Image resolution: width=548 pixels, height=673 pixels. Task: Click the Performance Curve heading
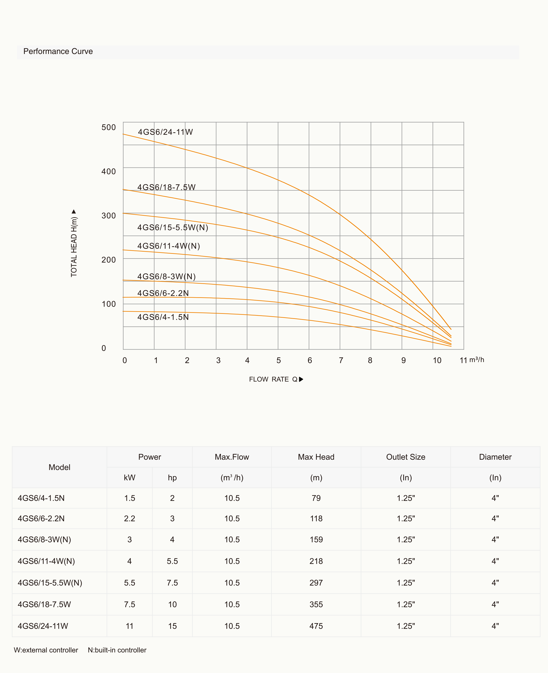coord(58,52)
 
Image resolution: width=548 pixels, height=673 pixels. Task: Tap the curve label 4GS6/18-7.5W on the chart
coord(166,187)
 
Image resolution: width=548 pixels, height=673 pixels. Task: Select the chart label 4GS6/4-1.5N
coord(163,317)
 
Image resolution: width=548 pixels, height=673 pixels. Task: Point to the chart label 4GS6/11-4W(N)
coord(169,246)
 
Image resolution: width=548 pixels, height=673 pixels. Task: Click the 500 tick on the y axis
coord(109,127)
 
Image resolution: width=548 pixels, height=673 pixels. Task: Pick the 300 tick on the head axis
coord(109,216)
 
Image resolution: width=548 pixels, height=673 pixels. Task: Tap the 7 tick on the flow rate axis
coord(341,360)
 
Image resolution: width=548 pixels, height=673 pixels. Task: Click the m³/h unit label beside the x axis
coord(476,360)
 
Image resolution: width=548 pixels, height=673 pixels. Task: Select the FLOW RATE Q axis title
coord(276,379)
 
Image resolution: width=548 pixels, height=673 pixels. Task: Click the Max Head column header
coord(316,457)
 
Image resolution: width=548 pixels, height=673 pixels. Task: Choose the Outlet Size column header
coord(406,457)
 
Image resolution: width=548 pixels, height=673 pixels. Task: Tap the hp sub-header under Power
coord(172,478)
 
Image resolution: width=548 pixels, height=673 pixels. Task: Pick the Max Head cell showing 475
coord(316,626)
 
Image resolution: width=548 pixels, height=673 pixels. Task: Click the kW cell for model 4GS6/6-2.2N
coord(129,518)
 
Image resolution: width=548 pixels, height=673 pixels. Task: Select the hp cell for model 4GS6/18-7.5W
coord(172,605)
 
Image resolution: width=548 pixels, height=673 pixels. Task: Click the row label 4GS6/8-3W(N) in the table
coord(44,539)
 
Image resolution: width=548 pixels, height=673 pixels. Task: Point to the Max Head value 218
coord(316,561)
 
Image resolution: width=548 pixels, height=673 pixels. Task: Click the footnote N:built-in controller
coord(117,650)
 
